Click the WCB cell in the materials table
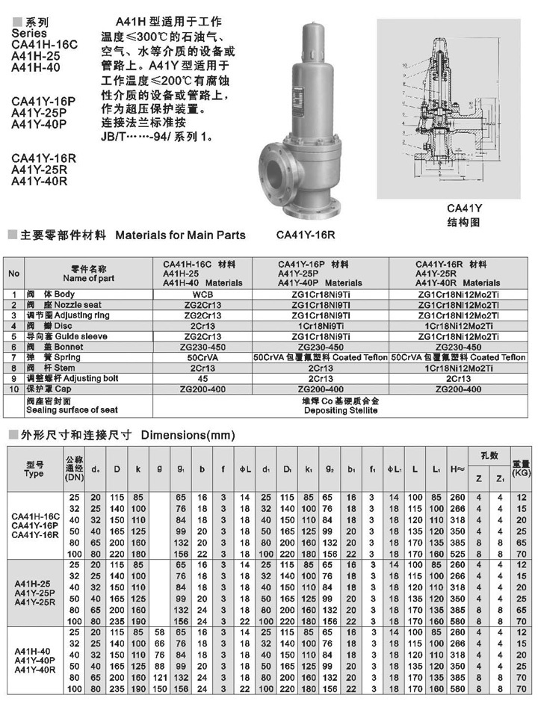click(202, 294)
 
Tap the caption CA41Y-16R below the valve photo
click(306, 235)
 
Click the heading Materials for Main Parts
click(180, 235)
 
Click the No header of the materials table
click(13, 273)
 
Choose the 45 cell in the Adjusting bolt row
click(202, 378)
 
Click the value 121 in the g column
click(158, 677)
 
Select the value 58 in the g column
click(158, 632)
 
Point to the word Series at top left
click(30, 33)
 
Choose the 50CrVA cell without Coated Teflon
click(202, 357)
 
